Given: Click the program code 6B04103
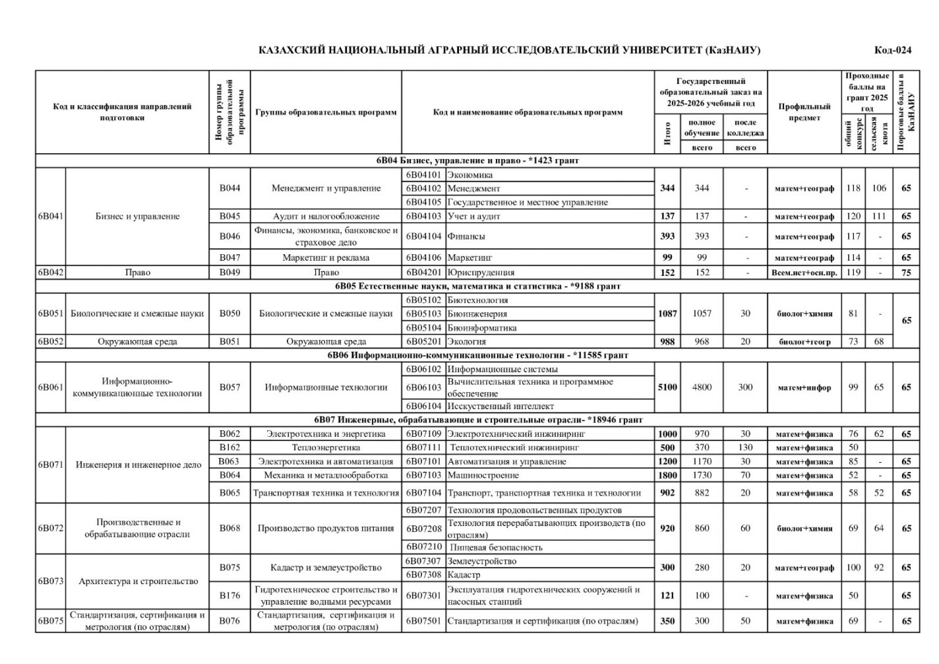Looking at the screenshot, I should [423, 216].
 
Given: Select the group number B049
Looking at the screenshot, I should [229, 272].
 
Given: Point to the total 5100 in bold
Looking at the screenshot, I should [667, 387].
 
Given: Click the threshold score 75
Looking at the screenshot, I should [907, 272].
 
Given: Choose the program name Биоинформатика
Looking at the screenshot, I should [482, 327].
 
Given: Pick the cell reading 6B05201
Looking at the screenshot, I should [423, 341].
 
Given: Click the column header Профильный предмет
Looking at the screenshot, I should [804, 112].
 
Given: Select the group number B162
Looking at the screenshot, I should [229, 448].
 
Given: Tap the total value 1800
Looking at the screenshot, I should [667, 475].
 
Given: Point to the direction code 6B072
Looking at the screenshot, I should [51, 528].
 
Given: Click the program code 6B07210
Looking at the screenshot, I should [423, 547].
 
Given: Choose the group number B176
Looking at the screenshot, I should [229, 595].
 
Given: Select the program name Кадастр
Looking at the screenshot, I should [464, 575].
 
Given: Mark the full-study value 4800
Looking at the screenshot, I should [702, 387].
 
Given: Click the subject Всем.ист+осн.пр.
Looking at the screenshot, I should [804, 272].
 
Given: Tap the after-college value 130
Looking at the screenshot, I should [745, 448].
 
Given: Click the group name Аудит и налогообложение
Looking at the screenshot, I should [326, 216].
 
